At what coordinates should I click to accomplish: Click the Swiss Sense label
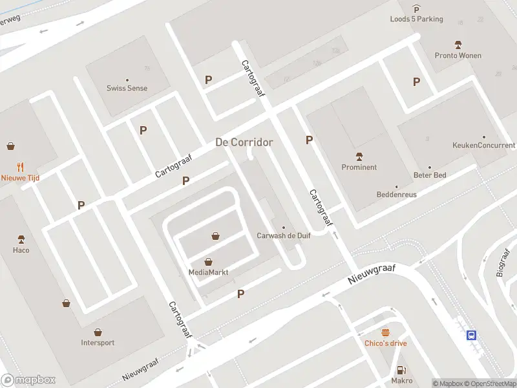pos(127,88)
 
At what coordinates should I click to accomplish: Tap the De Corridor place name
pos(244,142)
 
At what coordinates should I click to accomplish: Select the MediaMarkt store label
pos(208,272)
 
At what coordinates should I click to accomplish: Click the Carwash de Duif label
pos(283,235)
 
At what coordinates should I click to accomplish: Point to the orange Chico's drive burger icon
pos(386,332)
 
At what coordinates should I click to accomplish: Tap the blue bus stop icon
pos(472,334)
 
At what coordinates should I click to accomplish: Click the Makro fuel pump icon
pos(402,370)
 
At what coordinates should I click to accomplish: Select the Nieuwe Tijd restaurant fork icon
pos(20,166)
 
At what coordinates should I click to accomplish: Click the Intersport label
pos(98,343)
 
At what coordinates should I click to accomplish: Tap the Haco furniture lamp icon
pos(21,239)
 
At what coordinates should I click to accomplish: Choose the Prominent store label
pos(359,167)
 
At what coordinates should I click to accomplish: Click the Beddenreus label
pos(397,194)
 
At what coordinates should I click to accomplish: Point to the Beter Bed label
pos(429,175)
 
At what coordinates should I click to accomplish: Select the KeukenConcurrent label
pos(483,145)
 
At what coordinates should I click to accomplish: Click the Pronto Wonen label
pos(458,56)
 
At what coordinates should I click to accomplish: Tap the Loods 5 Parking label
pos(416,19)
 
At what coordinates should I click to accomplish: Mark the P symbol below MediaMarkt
pos(240,294)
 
